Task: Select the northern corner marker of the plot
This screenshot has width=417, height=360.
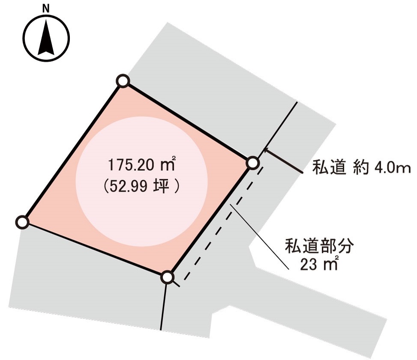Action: pos(123,80)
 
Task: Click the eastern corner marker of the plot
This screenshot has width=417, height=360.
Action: pos(253,163)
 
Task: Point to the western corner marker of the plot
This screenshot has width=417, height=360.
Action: pos(22,222)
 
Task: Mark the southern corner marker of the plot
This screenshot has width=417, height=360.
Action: pos(168,277)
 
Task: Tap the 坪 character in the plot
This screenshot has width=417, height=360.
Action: pos(164,187)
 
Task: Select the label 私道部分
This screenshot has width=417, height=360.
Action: pos(319,247)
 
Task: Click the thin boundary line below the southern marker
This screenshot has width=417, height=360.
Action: pos(163,306)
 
